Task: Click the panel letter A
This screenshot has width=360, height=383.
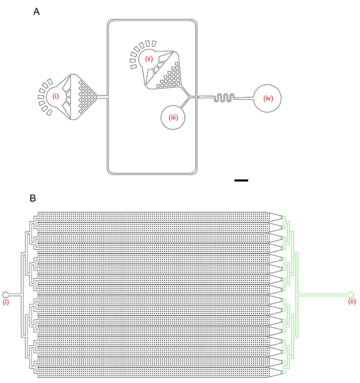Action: point(36,12)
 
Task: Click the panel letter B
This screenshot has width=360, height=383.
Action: point(33,198)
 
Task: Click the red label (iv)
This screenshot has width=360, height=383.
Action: point(267,98)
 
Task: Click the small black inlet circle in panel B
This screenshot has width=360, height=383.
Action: point(6,295)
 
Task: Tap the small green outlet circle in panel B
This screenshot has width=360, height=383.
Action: point(350,294)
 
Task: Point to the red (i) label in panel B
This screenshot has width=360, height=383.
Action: point(6,302)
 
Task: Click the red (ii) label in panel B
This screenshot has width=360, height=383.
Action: point(351,302)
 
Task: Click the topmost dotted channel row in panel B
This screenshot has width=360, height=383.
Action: point(153,217)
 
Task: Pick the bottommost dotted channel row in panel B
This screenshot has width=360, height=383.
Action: point(153,373)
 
